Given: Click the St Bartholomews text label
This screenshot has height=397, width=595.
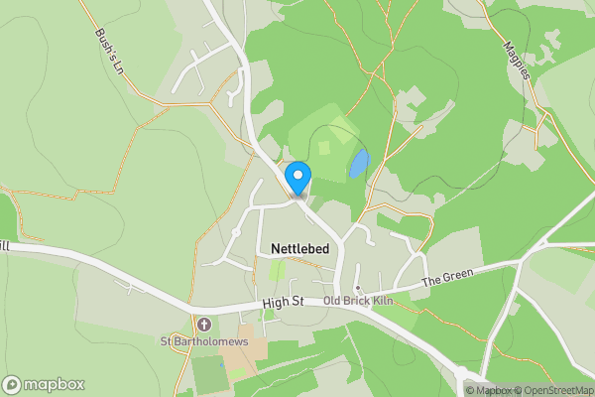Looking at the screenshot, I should [x=203, y=342].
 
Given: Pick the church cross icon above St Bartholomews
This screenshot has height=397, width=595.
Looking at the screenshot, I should [x=204, y=325].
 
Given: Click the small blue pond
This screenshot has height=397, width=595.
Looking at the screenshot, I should [x=358, y=163].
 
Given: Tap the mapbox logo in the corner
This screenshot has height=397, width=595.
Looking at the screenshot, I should [x=44, y=384].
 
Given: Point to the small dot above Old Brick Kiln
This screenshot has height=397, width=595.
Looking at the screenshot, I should [x=357, y=289].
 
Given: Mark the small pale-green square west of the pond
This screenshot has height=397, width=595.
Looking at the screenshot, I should [x=323, y=148].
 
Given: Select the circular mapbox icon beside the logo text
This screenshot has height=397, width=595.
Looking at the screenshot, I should [x=12, y=385].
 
